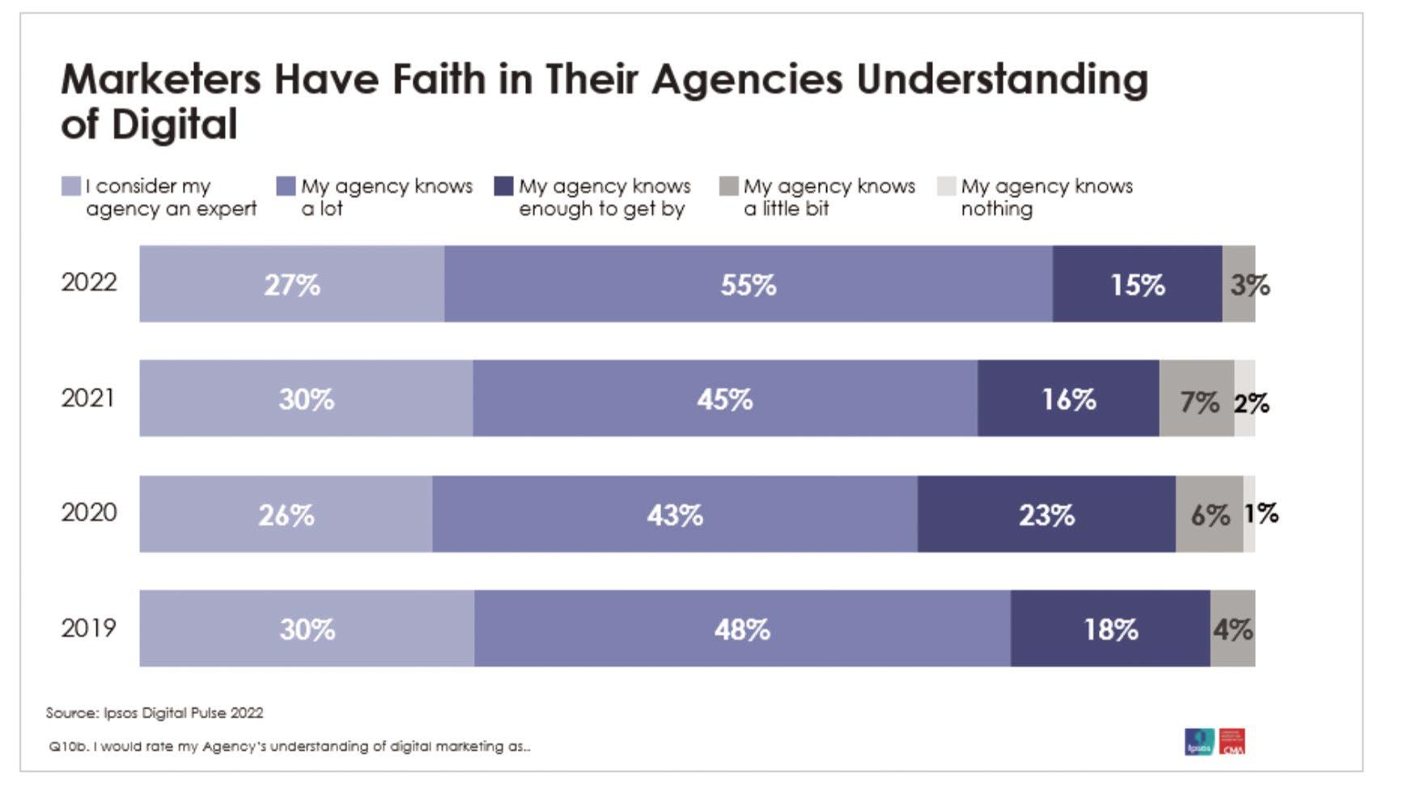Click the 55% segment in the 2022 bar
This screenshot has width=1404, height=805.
point(748,284)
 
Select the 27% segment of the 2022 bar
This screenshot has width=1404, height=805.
point(291,284)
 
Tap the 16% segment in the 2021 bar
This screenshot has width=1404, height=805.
point(1068,399)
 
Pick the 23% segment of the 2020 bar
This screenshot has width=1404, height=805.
point(1046,515)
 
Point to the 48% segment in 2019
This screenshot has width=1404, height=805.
point(742,629)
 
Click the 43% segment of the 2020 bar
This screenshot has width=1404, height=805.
point(675,515)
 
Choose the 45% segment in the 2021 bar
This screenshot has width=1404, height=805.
point(725,399)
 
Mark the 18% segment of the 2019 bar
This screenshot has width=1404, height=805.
point(1110,629)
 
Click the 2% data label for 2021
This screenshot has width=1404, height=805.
point(1251,402)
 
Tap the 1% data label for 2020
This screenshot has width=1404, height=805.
point(1261,513)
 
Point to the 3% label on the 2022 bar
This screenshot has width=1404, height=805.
point(1249,285)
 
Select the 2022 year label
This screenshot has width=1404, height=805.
point(89,282)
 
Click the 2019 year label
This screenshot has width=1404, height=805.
point(89,628)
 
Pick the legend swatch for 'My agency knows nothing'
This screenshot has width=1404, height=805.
point(946,187)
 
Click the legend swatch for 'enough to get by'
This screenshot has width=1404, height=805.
point(503,187)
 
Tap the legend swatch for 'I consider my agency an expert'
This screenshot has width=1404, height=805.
point(71,187)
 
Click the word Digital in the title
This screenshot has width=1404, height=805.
point(174,125)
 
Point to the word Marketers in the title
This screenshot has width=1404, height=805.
point(161,79)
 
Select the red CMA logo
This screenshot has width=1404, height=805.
point(1232,741)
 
